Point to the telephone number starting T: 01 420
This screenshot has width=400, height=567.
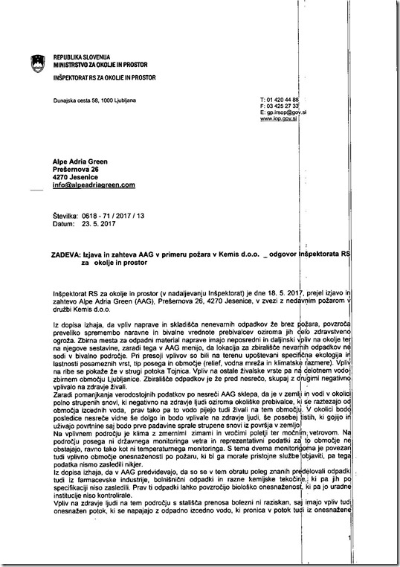275,100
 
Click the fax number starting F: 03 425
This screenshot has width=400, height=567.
275,106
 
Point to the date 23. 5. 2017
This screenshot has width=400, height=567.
96,223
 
